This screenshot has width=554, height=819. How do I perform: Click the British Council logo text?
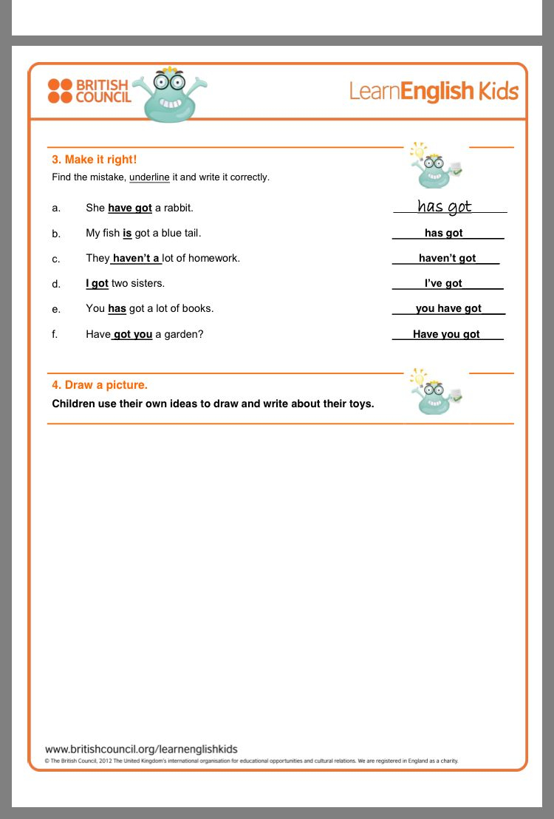click(103, 91)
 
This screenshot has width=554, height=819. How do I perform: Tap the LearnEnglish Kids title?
click(434, 92)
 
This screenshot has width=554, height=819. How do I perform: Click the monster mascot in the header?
click(169, 95)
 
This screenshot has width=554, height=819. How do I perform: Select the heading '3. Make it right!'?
click(94, 160)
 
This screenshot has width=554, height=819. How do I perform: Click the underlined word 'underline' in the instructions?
click(149, 177)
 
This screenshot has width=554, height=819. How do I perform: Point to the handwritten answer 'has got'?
click(445, 206)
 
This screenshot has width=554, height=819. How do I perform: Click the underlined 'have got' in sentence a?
click(130, 208)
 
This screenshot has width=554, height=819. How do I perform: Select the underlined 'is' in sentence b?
click(127, 233)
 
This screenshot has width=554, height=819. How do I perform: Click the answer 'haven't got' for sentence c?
click(447, 258)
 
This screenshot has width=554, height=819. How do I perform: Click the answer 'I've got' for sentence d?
click(443, 283)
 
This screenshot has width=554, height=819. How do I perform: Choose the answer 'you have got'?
click(448, 308)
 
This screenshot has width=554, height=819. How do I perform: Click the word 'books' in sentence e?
click(199, 308)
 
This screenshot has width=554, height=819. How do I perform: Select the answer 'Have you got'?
click(446, 334)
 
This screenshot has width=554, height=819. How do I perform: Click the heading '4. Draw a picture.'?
click(100, 385)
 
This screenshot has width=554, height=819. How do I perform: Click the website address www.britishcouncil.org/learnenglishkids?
click(141, 749)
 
